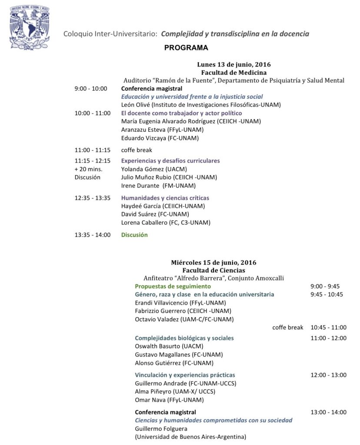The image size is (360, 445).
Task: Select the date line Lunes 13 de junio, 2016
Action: [233, 65]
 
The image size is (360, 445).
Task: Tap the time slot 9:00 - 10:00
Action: [90, 89]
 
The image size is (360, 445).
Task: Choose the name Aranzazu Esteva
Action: [142, 130]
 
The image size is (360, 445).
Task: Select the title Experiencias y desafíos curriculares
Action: [170, 160]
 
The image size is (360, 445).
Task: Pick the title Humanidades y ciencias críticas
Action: [165, 198]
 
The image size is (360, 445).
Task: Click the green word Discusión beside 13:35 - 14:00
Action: [134, 235]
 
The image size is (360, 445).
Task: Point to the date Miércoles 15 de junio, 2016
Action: [213, 262]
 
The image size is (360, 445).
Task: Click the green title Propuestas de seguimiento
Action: [173, 286]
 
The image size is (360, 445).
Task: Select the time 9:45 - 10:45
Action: [327, 295]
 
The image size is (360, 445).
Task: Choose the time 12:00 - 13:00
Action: [328, 375]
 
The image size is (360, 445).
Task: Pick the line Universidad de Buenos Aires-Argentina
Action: [190, 437]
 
